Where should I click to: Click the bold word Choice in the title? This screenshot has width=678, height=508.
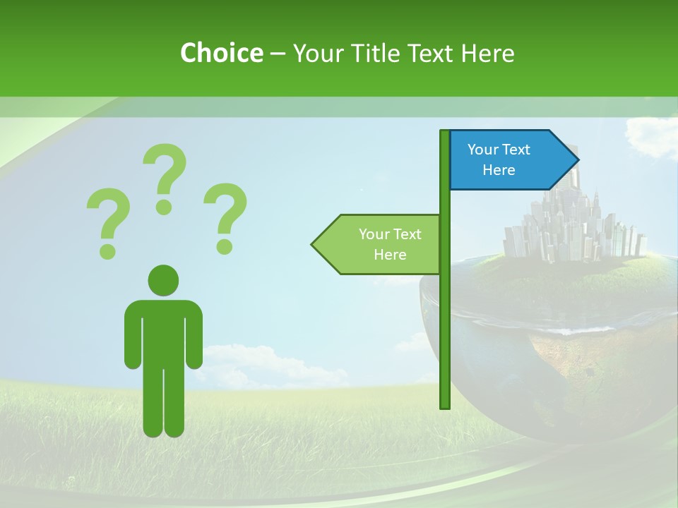pyautogui.click(x=221, y=53)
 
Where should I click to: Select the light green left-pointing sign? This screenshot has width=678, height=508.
pyautogui.click(x=381, y=244)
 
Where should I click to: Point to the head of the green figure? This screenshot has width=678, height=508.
pyautogui.click(x=163, y=279)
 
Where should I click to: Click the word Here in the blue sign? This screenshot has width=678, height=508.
pyautogui.click(x=499, y=170)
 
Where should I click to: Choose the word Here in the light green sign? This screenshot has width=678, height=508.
pyautogui.click(x=390, y=255)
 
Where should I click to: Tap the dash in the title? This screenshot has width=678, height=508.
pyautogui.click(x=278, y=54)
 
